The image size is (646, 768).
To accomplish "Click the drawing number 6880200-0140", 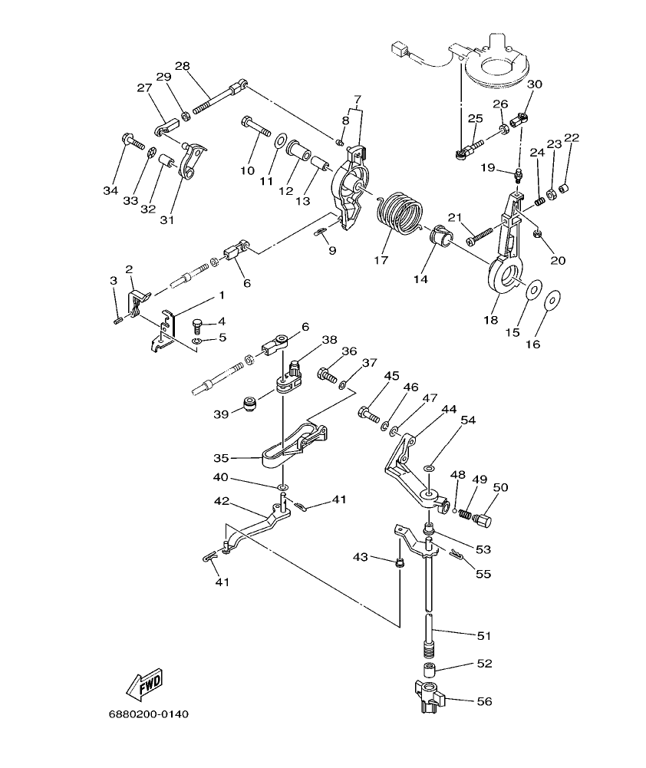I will click(x=148, y=714).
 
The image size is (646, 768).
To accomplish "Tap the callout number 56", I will click(x=484, y=701).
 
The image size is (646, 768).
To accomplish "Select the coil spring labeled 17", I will click(x=403, y=208).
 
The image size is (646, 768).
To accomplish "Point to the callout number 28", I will click(x=182, y=65).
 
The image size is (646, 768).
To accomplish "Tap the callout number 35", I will click(x=221, y=458).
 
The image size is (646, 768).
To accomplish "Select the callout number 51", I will click(x=484, y=636).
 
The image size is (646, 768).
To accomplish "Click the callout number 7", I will click(x=357, y=100).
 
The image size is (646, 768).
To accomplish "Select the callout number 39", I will click(x=221, y=414).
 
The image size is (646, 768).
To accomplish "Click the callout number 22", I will click(x=571, y=138).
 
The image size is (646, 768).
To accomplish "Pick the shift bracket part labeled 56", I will click(x=429, y=695).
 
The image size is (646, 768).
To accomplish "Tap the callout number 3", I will click(x=113, y=282).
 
